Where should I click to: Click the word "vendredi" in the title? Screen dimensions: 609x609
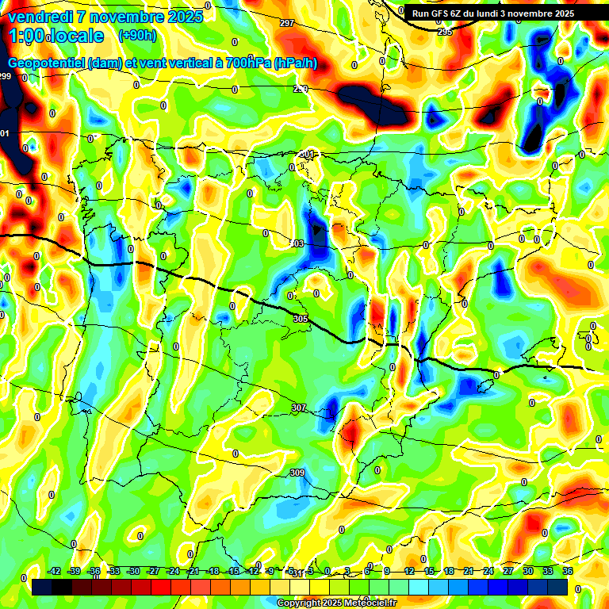coord(44,16)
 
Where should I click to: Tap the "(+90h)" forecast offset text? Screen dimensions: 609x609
coord(137,36)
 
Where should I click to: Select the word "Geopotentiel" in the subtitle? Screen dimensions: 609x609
coord(45,63)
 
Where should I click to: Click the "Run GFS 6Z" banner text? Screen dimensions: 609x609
coord(441,13)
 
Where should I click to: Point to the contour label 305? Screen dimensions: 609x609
coord(300,319)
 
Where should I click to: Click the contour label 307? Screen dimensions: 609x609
coord(298,408)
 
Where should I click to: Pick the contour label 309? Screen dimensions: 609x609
coord(297,473)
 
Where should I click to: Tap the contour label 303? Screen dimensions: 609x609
coord(297,243)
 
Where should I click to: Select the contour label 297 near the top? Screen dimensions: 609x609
coord(287,23)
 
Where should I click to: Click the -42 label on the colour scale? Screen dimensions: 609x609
coord(54,571)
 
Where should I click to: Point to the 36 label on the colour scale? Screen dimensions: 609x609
coord(568,571)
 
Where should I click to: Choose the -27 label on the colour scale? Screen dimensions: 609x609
coord(154,571)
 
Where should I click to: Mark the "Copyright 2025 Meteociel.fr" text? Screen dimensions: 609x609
coord(336,603)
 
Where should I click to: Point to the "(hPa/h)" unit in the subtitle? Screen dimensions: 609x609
coord(295,63)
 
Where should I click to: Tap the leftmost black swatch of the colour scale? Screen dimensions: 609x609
coord(42,587)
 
